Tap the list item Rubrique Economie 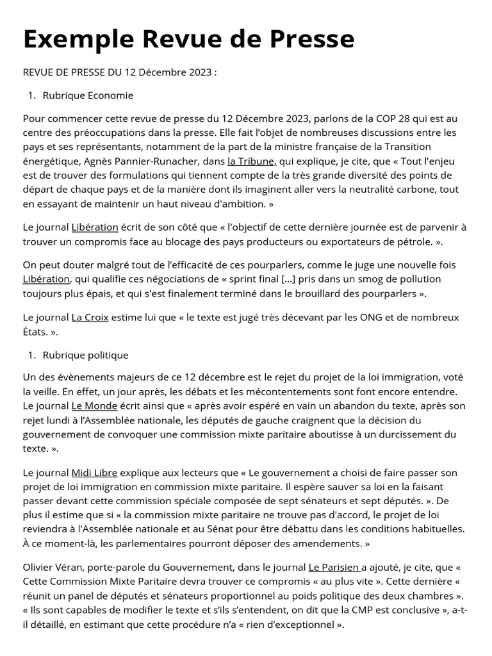88,95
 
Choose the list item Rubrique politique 85,355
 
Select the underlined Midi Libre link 94,473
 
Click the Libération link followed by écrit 95,227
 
